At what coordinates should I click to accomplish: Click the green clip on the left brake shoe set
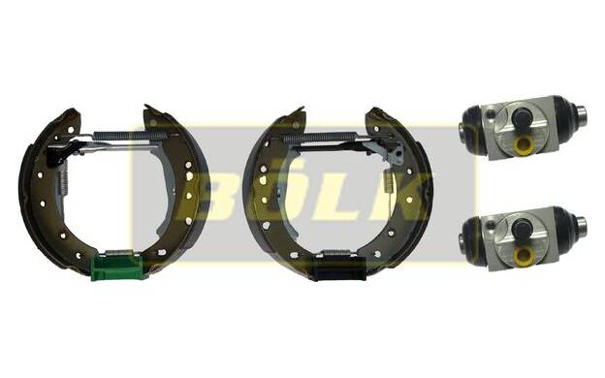(117, 267)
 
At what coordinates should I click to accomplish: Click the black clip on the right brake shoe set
(338, 268)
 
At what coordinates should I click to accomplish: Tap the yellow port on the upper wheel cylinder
(524, 145)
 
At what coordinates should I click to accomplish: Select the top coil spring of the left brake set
(131, 136)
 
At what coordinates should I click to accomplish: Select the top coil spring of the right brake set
(320, 137)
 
